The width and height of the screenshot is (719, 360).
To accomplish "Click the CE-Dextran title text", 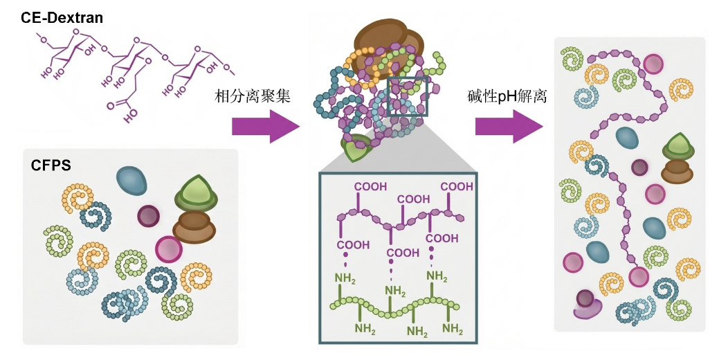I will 62,17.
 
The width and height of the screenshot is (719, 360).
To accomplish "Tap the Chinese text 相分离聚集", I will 252,96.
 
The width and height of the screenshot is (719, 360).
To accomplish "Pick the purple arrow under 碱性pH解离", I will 509,127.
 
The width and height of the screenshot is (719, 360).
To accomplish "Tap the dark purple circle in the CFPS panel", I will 148,215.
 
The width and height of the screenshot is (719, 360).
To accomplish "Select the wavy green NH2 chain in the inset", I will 395,304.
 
